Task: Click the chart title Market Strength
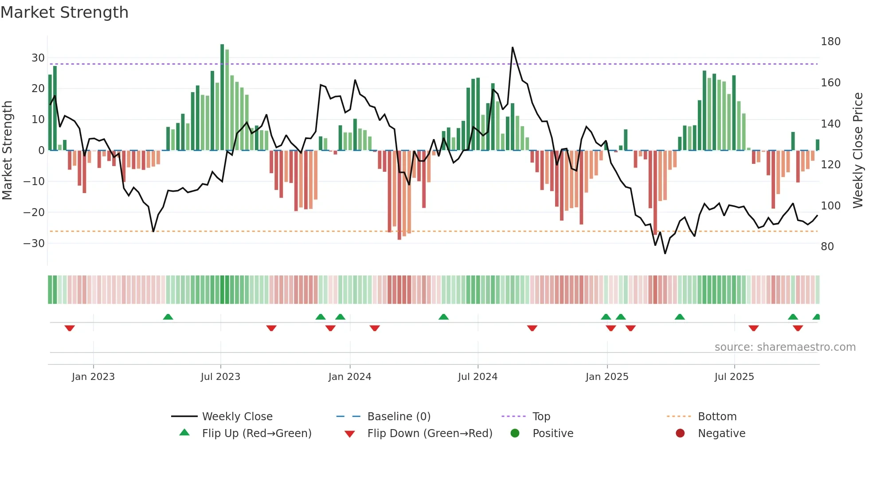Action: coord(64,12)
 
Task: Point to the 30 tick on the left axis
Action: coord(38,58)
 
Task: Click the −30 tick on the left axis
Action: coord(34,243)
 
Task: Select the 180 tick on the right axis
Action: coord(830,42)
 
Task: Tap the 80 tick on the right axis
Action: coord(827,247)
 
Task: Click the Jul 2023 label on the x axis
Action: coord(220,377)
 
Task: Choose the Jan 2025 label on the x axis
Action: coord(607,377)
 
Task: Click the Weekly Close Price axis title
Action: coord(858,151)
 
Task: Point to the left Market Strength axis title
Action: coord(7,151)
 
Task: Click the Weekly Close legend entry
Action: coord(237,417)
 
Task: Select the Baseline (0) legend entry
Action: coord(399,417)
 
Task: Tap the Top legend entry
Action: coord(541,417)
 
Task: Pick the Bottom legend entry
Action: coord(717,417)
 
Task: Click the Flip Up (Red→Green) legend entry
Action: coord(256,434)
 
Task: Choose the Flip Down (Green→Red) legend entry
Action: coord(430,434)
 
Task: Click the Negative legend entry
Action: coord(721,434)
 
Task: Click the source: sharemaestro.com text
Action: coord(785,347)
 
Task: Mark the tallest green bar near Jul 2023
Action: coord(222,97)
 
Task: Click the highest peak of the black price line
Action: coord(513,48)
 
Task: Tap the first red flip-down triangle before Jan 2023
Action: coord(70,328)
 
